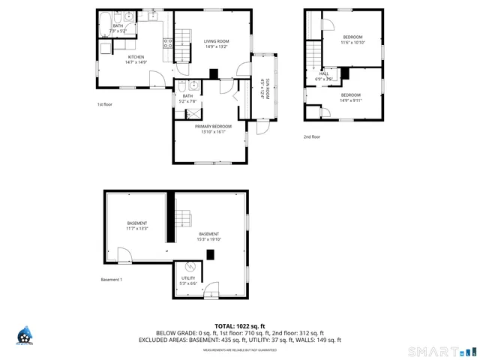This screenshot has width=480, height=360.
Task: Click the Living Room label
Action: click(x=217, y=41)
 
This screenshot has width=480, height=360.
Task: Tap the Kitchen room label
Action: click(x=136, y=57)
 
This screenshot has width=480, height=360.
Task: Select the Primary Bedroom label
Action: click(x=214, y=126)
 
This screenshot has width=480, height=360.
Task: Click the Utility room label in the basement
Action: click(x=187, y=278)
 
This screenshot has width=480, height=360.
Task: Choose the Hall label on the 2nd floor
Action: click(x=324, y=73)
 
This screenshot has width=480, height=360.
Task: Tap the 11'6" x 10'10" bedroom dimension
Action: click(x=352, y=43)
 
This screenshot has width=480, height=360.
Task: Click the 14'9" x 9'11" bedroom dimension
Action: click(x=351, y=100)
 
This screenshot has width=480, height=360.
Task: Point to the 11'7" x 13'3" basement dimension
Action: click(x=136, y=229)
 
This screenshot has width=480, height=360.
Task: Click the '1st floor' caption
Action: click(x=105, y=104)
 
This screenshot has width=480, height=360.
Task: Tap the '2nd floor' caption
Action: click(x=311, y=137)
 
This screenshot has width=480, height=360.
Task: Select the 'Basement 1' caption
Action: click(x=111, y=280)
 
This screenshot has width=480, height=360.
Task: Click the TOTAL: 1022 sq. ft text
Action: click(x=239, y=326)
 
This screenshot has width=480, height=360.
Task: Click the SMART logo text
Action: click(x=435, y=351)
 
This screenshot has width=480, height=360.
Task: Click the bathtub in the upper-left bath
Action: click(x=108, y=18)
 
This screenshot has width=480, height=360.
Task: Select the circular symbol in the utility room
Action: click(x=190, y=267)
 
